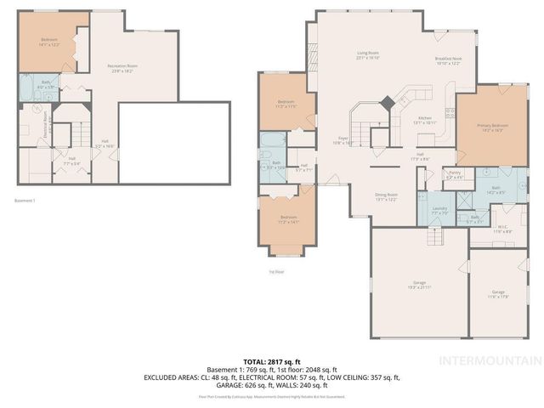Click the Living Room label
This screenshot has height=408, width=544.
[366, 54]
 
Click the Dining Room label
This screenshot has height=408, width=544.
[387, 196]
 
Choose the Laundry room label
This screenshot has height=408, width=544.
[439, 210]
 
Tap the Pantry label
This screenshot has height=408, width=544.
[455, 175]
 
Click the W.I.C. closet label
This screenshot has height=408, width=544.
[502, 227]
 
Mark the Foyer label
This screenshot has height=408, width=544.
[345, 139]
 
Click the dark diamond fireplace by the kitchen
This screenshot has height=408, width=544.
[387, 102]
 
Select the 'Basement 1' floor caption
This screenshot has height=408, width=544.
[25, 201]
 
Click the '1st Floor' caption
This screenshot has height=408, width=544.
[277, 272]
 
